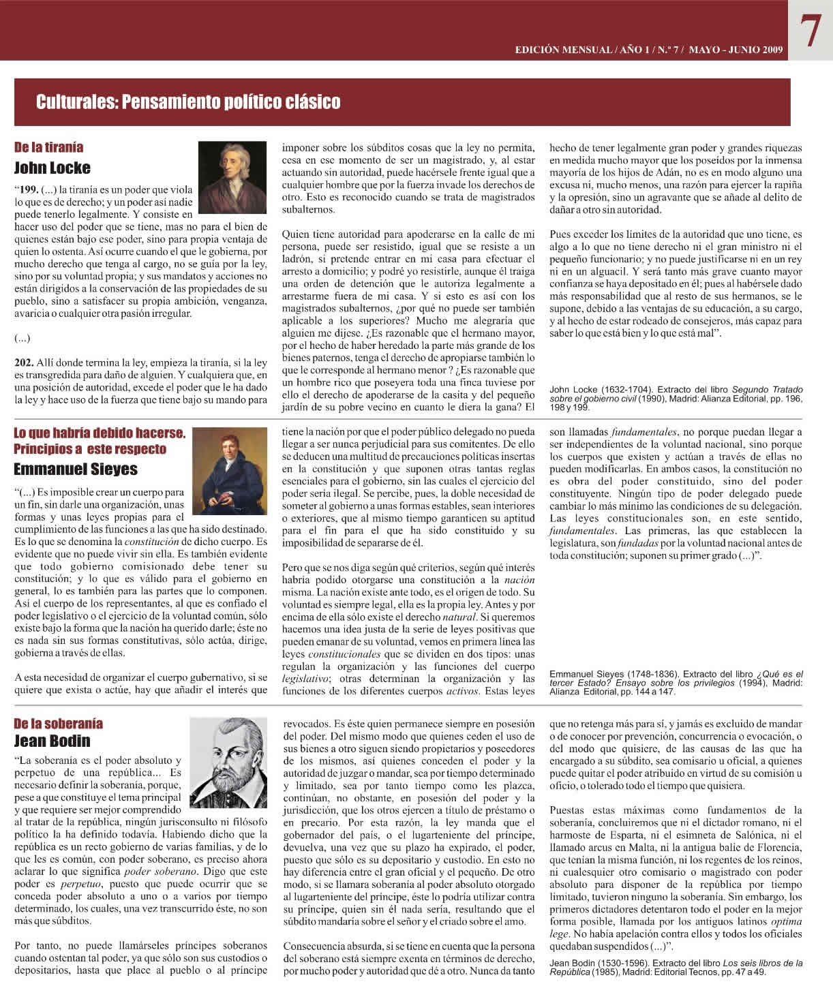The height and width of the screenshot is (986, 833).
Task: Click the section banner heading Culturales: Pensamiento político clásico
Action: tap(188, 103)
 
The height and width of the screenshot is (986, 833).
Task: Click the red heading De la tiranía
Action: tap(49, 147)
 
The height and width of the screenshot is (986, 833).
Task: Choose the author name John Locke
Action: tap(52, 168)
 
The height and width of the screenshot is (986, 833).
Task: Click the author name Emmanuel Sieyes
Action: tap(76, 469)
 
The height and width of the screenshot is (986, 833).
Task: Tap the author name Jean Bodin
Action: tap(52, 741)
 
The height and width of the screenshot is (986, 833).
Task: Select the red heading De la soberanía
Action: tap(58, 724)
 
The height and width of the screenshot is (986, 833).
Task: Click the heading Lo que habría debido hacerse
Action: tap(100, 433)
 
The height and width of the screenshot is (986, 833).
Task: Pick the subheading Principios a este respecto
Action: tap(90, 449)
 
